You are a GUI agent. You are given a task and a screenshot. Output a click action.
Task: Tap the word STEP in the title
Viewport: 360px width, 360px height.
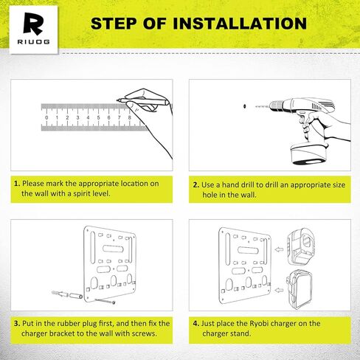114,23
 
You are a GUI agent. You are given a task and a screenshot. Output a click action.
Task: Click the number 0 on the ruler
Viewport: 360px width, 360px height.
46,117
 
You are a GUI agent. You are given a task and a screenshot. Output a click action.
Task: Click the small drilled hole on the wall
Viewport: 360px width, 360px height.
240,105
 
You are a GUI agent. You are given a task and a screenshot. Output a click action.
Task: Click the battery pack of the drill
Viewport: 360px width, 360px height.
304,153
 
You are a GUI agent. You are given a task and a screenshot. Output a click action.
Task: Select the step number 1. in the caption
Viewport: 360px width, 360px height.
16,183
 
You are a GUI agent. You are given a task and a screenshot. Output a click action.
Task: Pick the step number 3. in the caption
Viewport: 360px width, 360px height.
16,322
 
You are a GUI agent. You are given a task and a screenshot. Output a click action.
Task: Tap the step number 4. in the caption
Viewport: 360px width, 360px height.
195,322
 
